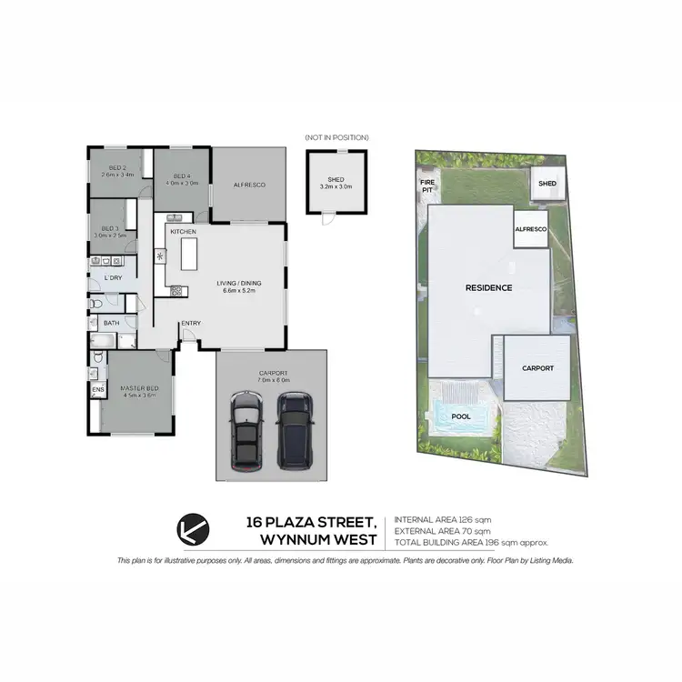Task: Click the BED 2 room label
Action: pyautogui.click(x=117, y=168)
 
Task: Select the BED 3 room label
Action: pyautogui.click(x=111, y=228)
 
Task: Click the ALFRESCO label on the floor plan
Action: pyautogui.click(x=248, y=185)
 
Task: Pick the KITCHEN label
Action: pyautogui.click(x=183, y=232)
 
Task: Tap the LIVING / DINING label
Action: pyautogui.click(x=238, y=284)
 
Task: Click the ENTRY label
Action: pyautogui.click(x=191, y=324)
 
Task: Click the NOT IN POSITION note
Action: pyautogui.click(x=337, y=137)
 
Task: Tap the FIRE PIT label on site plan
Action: pyautogui.click(x=426, y=186)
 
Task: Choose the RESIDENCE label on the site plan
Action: pyautogui.click(x=488, y=288)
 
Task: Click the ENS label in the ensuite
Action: pyautogui.click(x=97, y=391)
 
